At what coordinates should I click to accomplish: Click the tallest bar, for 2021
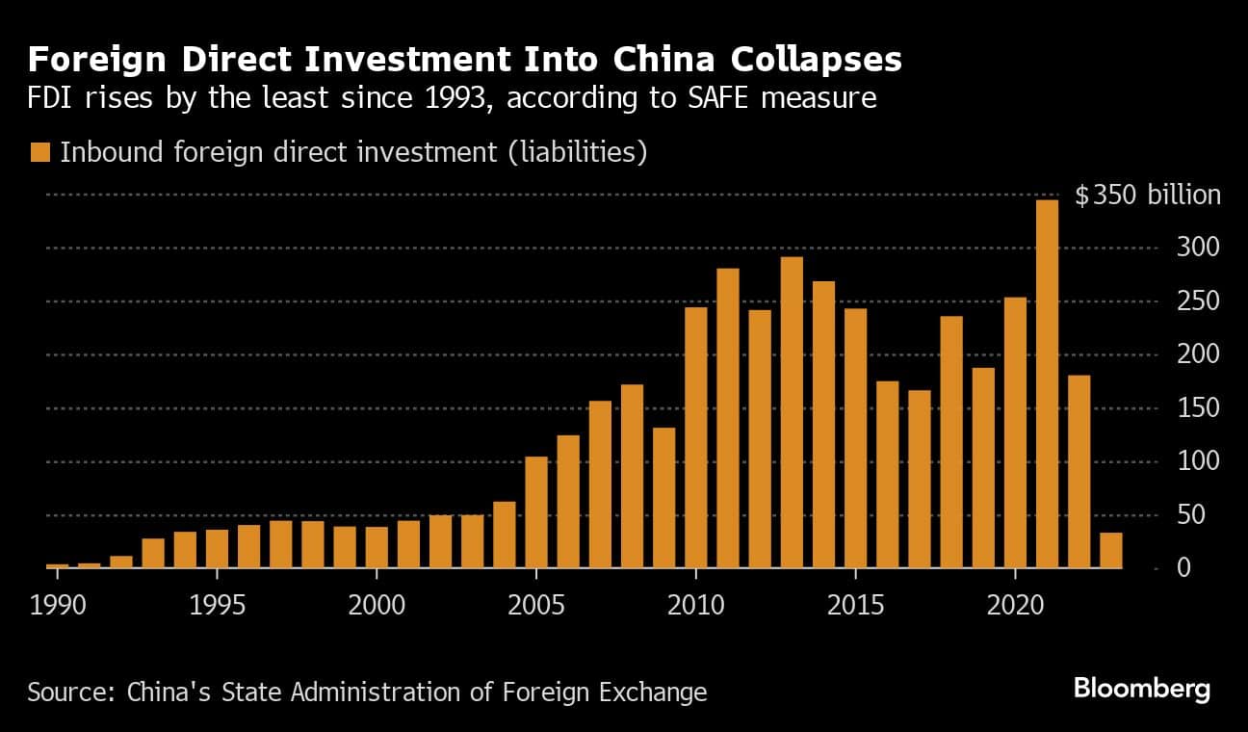tap(1047, 384)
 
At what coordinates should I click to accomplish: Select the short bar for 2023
tap(1110, 550)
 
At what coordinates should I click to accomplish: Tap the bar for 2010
tap(695, 438)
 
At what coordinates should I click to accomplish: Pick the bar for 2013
tap(792, 413)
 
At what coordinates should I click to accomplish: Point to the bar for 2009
tap(663, 498)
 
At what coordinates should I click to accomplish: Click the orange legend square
tap(40, 152)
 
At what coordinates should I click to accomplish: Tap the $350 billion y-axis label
tap(1147, 196)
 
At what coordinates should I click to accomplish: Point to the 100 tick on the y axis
tap(1173, 461)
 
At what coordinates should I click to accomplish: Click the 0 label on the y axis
tap(1183, 568)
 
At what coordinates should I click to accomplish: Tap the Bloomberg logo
tap(1141, 689)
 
